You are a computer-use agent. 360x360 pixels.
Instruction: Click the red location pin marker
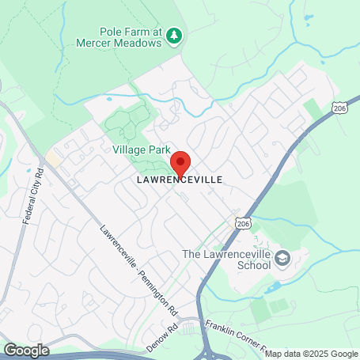(180, 164)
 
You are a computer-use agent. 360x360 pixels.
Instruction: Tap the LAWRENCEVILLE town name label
(179, 180)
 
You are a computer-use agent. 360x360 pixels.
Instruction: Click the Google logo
(25, 350)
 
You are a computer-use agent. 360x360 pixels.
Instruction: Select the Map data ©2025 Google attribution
(311, 354)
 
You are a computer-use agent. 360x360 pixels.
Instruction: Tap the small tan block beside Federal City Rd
(53, 158)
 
